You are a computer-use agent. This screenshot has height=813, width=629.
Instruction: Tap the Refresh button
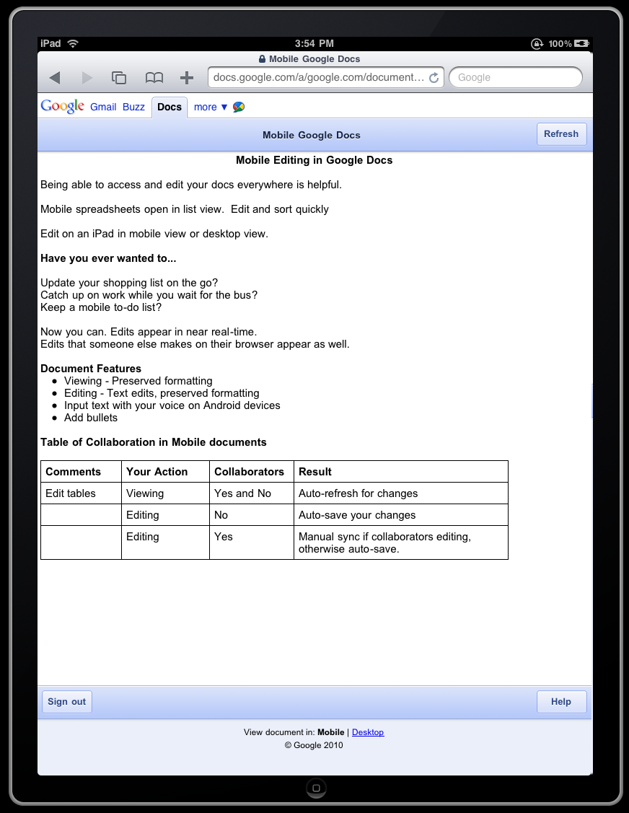point(561,134)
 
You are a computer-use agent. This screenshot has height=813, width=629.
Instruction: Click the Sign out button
point(66,702)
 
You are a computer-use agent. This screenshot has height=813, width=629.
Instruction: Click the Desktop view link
point(368,732)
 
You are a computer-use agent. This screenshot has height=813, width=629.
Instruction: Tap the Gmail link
point(103,107)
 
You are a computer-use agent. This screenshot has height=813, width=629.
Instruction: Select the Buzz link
point(133,107)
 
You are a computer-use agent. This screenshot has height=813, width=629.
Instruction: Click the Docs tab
point(170,107)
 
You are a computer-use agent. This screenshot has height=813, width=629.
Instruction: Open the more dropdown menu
point(210,107)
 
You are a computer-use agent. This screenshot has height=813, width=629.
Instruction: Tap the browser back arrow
point(55,77)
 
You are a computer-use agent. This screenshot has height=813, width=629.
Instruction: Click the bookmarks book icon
point(154,77)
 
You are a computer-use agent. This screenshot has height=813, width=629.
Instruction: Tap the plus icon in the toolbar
point(187,77)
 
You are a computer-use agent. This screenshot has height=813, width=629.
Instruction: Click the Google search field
point(515,77)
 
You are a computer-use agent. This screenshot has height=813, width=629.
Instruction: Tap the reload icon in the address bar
point(434,78)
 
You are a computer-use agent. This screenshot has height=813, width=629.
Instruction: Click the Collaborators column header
point(250,472)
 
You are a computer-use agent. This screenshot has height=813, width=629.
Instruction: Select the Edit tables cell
point(71,493)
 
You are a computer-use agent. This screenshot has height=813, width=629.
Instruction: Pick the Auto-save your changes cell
point(357,515)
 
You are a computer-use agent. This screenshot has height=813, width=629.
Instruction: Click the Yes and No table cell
point(243,493)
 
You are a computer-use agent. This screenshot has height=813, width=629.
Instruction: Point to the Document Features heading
point(91,369)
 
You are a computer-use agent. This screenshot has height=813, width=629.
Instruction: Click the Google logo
point(62,106)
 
